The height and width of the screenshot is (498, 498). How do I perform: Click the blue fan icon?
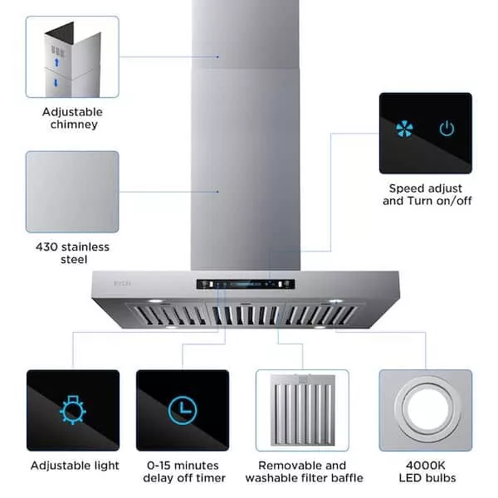pos(403,129)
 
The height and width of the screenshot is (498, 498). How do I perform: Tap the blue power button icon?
pos(447,129)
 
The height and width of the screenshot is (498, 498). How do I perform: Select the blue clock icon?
pos(182,410)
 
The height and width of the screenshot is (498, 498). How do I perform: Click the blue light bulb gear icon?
pos(72,410)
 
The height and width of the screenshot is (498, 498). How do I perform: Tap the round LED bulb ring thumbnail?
pos(425,410)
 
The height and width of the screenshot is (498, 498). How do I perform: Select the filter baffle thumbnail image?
pos(302,410)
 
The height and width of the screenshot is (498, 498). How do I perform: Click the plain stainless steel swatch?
pos(72,192)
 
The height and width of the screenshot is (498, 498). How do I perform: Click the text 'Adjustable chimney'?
pos(73,118)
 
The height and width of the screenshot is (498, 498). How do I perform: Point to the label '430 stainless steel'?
pos(72,253)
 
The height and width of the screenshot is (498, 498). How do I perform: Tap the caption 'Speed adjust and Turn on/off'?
pos(426,195)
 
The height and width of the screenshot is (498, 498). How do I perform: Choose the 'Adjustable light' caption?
pos(75,466)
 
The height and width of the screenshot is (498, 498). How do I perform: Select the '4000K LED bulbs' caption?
pos(426,471)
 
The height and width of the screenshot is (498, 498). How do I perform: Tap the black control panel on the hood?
pos(246,284)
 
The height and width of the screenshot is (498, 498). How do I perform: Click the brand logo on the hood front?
pos(115,285)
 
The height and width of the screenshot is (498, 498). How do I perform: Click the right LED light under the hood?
pos(335,300)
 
